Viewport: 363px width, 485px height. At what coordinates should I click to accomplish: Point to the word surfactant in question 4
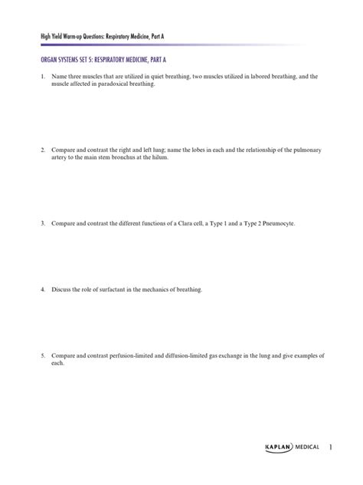(115, 290)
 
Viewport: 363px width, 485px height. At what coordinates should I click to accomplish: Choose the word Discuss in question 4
(64, 290)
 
